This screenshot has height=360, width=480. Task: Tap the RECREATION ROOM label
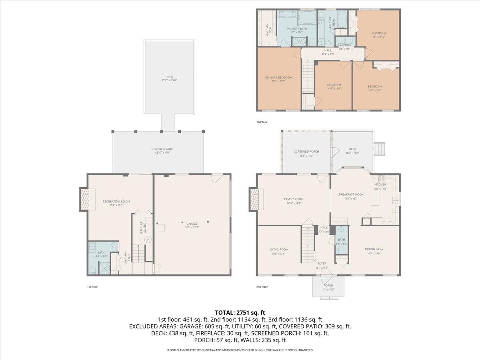116,202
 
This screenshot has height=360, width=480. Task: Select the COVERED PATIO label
162,149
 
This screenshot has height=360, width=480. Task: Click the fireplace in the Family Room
254,199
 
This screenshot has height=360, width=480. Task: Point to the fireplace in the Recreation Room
85,199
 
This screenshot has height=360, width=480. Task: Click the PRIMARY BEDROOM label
278,78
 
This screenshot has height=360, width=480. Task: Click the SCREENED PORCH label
306,152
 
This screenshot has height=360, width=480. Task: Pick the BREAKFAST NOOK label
347,194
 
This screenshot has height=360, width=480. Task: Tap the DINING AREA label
374,249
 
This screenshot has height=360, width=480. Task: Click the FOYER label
322,264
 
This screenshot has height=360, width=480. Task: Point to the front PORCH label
328,286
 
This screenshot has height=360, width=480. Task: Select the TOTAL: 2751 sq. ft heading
240,312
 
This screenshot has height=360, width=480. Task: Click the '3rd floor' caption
262,122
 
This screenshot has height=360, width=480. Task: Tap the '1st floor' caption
92,287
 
